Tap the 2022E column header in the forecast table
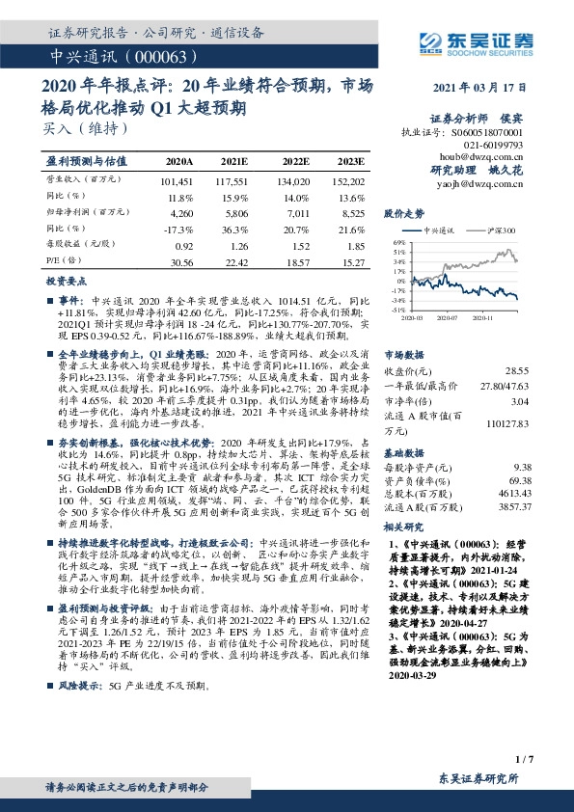[x=293, y=161]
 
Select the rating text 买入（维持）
[x=77, y=126]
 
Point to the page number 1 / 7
[x=524, y=761]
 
